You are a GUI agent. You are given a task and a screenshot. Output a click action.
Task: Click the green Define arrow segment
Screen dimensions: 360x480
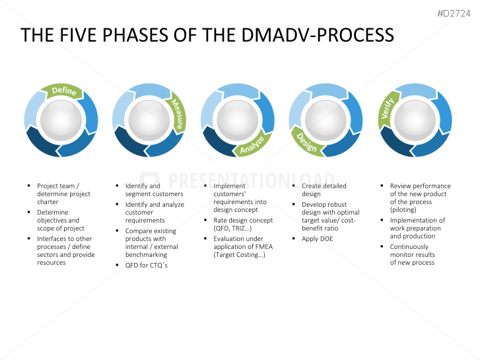63,92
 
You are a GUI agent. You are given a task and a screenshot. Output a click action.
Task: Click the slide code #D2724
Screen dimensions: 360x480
456,13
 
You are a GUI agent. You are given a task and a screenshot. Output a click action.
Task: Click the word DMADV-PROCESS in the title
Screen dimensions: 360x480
316,35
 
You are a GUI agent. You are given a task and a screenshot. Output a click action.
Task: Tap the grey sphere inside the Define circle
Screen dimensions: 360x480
61,120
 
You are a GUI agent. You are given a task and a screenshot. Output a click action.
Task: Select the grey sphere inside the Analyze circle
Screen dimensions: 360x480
238,120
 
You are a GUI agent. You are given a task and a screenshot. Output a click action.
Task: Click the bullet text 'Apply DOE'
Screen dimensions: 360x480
317,238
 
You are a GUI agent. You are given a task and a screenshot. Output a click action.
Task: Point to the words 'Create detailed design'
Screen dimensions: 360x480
324,190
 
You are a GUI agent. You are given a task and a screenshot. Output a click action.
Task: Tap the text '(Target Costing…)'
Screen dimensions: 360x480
239,254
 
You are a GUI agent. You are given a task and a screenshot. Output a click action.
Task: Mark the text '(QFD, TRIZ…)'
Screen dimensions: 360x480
232,228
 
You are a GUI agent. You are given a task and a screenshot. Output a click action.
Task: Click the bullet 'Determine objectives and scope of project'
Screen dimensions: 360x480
60,221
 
